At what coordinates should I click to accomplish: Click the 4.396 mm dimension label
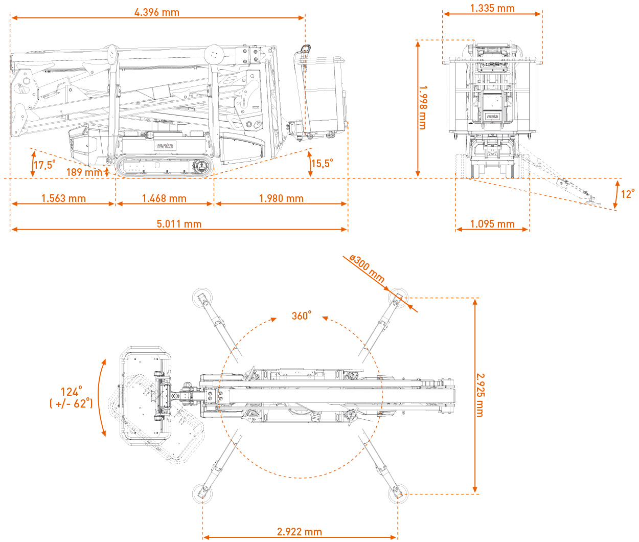click(157, 12)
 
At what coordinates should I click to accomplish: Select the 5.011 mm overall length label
click(179, 224)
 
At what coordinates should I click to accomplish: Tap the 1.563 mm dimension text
click(63, 198)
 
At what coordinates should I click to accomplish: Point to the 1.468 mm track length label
click(164, 198)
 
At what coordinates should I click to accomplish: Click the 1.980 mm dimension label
click(281, 198)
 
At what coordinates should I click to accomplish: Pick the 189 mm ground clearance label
click(84, 172)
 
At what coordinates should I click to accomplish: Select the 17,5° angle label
click(44, 165)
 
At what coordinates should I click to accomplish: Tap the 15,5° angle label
click(322, 163)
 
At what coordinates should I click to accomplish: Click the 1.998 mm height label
click(423, 107)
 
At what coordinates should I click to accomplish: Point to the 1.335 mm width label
click(492, 8)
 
